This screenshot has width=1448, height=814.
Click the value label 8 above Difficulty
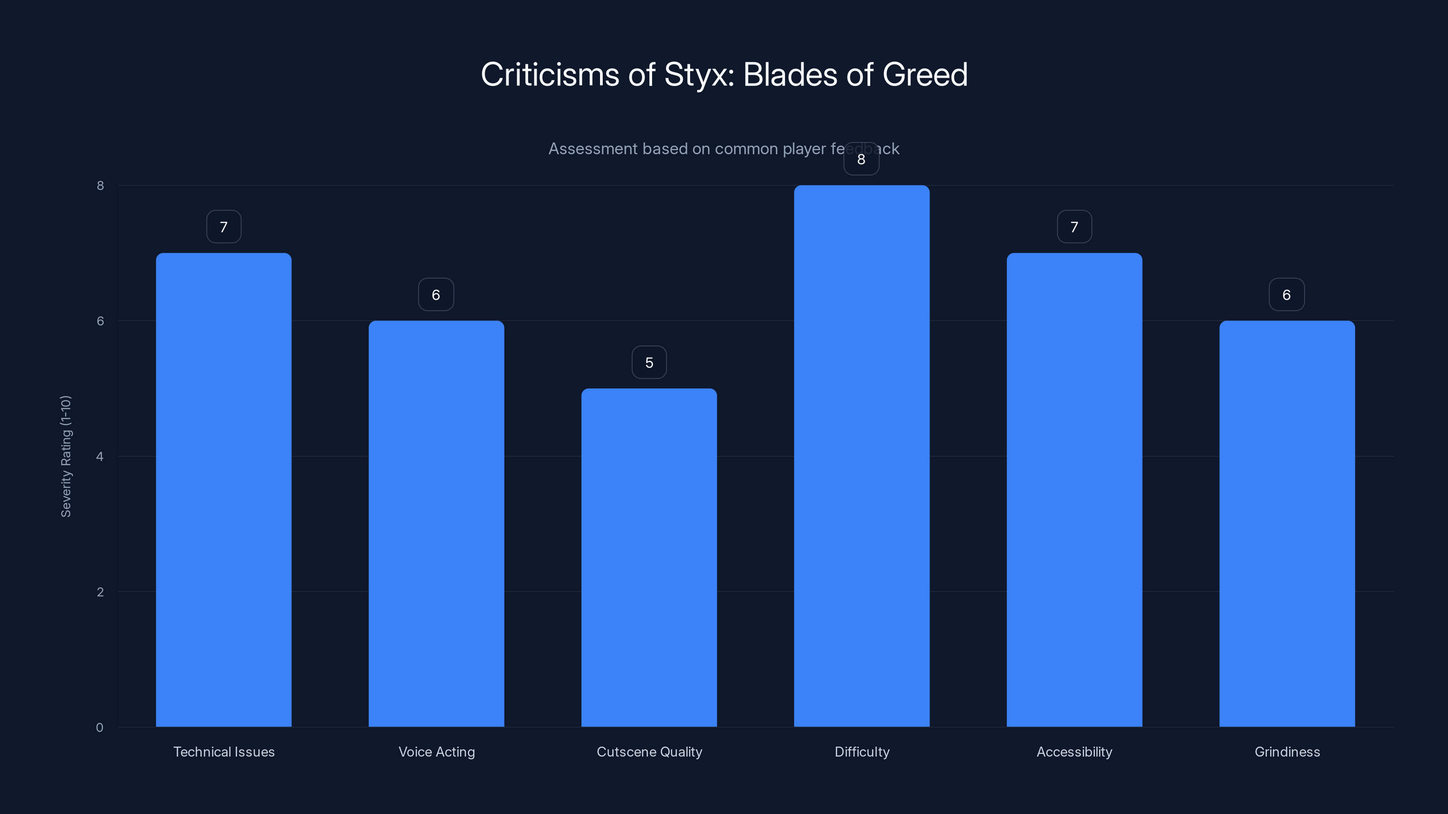(x=861, y=159)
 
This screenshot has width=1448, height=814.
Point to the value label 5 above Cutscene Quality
(x=649, y=362)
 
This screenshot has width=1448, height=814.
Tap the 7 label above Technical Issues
(x=224, y=227)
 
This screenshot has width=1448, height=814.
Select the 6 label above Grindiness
(x=1286, y=295)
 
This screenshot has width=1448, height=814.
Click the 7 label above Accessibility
(x=1074, y=227)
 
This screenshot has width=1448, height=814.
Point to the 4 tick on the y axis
(x=100, y=457)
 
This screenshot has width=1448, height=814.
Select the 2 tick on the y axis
(x=100, y=592)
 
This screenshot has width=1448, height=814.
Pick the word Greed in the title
(x=924, y=75)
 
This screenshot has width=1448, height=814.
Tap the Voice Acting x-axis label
(x=437, y=752)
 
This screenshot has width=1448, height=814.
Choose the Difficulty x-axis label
(x=862, y=752)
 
